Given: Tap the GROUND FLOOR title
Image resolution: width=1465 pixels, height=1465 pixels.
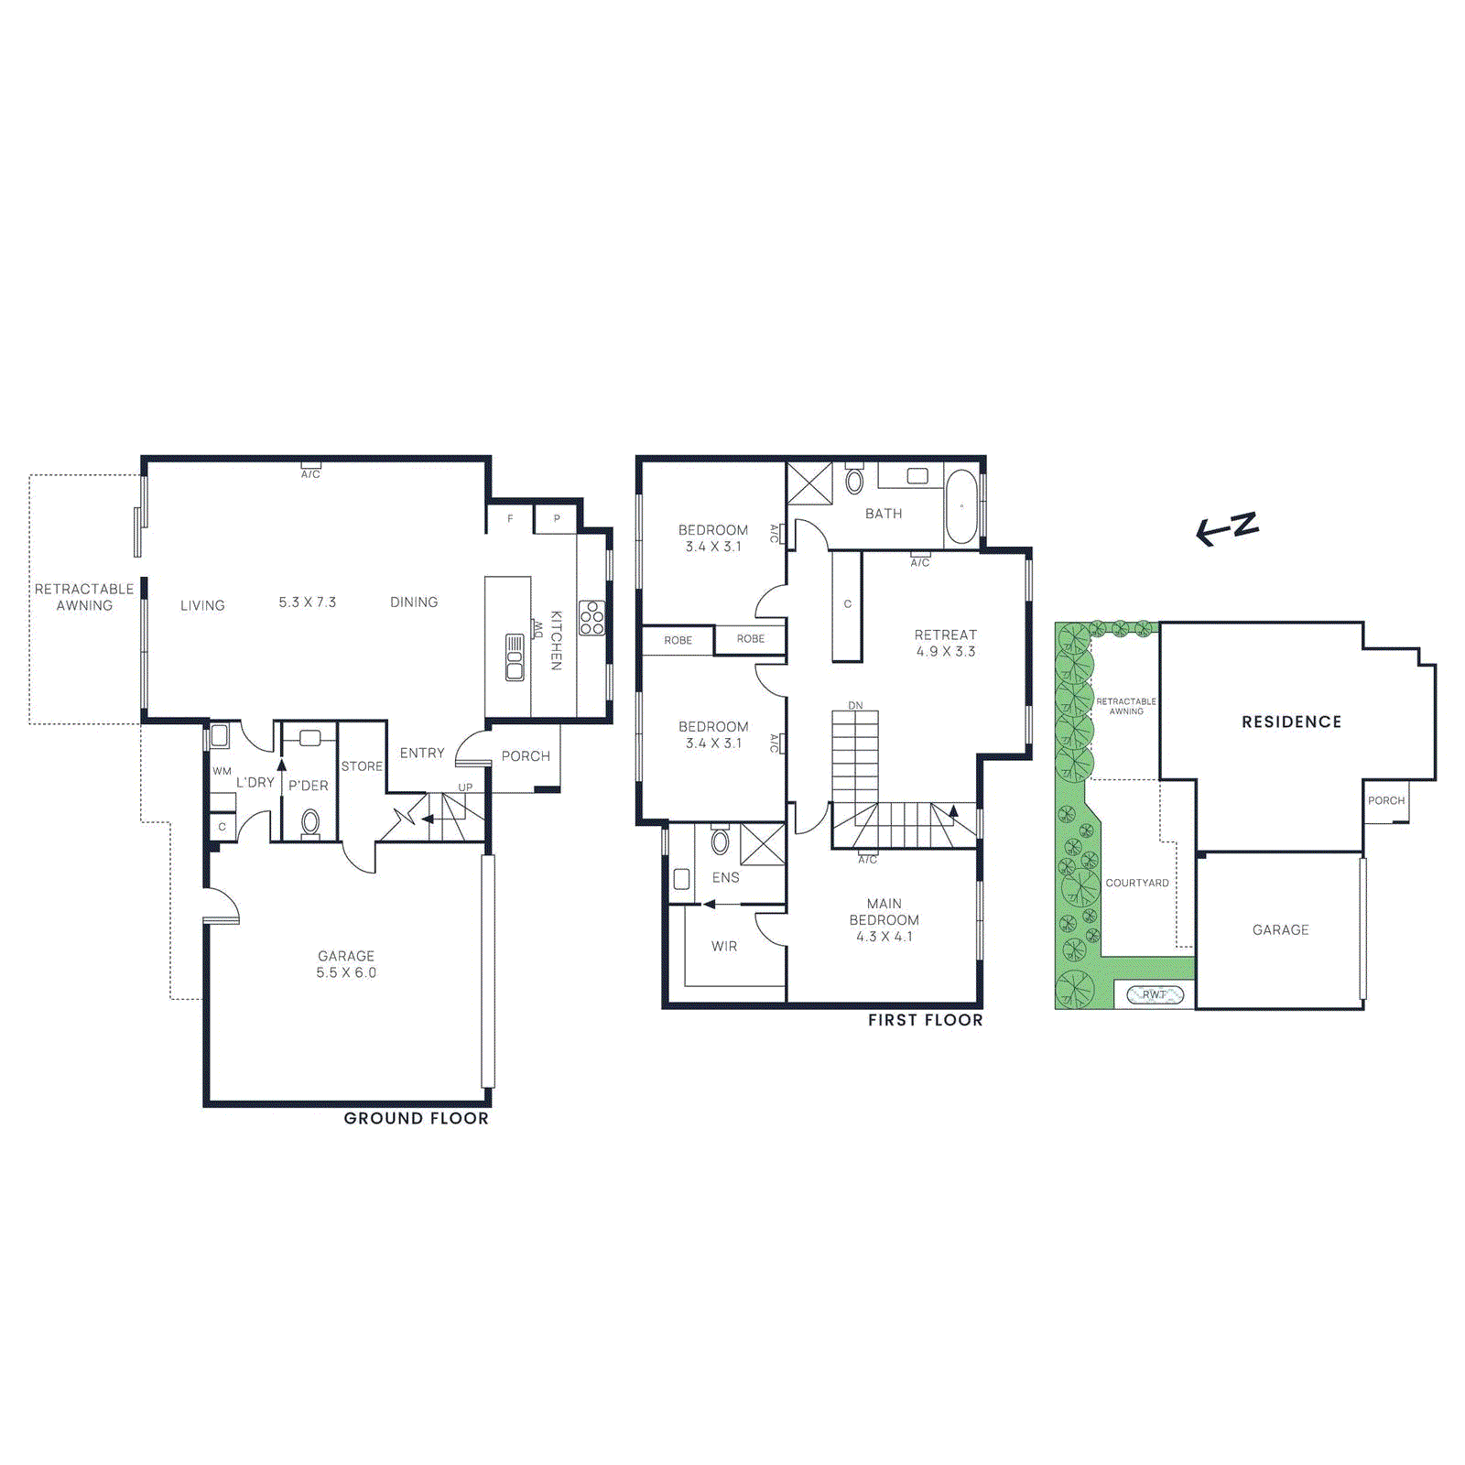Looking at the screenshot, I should (x=416, y=1118).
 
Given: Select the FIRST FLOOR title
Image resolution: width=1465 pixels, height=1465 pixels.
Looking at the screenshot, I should (x=925, y=1020).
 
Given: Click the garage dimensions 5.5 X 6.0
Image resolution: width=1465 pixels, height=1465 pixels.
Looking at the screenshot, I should (x=346, y=972).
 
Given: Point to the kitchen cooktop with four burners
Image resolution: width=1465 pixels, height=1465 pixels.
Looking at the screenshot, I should (x=591, y=617).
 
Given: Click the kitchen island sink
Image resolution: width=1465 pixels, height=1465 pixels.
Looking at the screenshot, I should (x=515, y=657).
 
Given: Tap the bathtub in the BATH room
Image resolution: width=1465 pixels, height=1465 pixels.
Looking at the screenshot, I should (x=961, y=506).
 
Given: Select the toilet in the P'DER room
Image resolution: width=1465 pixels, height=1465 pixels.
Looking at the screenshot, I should (x=310, y=822).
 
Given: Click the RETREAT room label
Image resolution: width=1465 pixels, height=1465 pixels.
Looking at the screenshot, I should (x=945, y=635).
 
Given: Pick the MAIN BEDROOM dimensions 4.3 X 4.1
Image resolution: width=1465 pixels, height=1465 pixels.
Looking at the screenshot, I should (x=884, y=937).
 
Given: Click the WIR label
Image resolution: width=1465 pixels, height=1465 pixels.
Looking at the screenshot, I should (x=723, y=946).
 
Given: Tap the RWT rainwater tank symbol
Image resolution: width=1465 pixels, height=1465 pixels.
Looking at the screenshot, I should (x=1155, y=994).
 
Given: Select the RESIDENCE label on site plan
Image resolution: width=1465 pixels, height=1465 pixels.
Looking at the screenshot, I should (x=1291, y=722).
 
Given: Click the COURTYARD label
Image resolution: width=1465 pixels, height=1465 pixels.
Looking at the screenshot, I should (x=1136, y=883).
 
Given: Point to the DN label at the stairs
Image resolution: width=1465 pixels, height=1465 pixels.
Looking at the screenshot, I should (x=855, y=705).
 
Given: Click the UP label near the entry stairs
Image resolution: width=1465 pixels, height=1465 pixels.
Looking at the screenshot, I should (x=465, y=787).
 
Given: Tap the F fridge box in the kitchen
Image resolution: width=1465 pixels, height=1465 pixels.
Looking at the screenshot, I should (x=510, y=519).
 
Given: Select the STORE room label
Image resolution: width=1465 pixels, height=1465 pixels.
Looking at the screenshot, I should (x=362, y=766).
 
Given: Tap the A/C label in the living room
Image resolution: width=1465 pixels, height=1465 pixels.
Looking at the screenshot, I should (x=310, y=473).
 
